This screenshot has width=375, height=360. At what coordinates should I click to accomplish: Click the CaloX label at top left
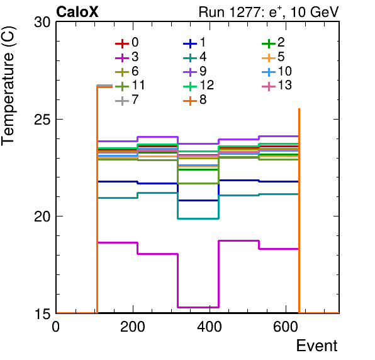coord(77,12)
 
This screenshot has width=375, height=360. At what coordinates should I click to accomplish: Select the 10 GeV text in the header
coord(314,12)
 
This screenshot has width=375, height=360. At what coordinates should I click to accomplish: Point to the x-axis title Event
coord(316,346)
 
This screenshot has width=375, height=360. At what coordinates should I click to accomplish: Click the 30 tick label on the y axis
coord(43,22)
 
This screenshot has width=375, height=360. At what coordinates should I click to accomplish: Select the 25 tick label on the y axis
coord(43,120)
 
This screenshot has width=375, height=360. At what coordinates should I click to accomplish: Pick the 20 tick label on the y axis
coord(43,217)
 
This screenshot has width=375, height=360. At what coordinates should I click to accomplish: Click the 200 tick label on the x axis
coord(133,326)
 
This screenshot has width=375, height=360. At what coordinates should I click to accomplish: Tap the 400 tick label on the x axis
coord(210,326)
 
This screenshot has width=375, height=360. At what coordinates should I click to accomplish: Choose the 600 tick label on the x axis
coord(286,326)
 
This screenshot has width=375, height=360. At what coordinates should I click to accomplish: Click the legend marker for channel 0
coord(122,44)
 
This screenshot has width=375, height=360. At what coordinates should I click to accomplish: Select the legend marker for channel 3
coord(122,58)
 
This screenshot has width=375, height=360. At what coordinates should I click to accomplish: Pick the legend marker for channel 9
coord(190,72)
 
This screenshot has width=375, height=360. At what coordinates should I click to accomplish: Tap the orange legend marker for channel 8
coord(190,101)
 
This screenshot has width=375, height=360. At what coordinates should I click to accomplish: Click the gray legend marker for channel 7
coord(122,101)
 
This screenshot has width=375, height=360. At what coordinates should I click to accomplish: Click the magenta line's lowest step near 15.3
coord(198,307)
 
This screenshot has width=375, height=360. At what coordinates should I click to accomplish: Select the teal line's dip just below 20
coord(198,218)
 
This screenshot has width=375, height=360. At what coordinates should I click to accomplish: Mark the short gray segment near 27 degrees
coord(104,86)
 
